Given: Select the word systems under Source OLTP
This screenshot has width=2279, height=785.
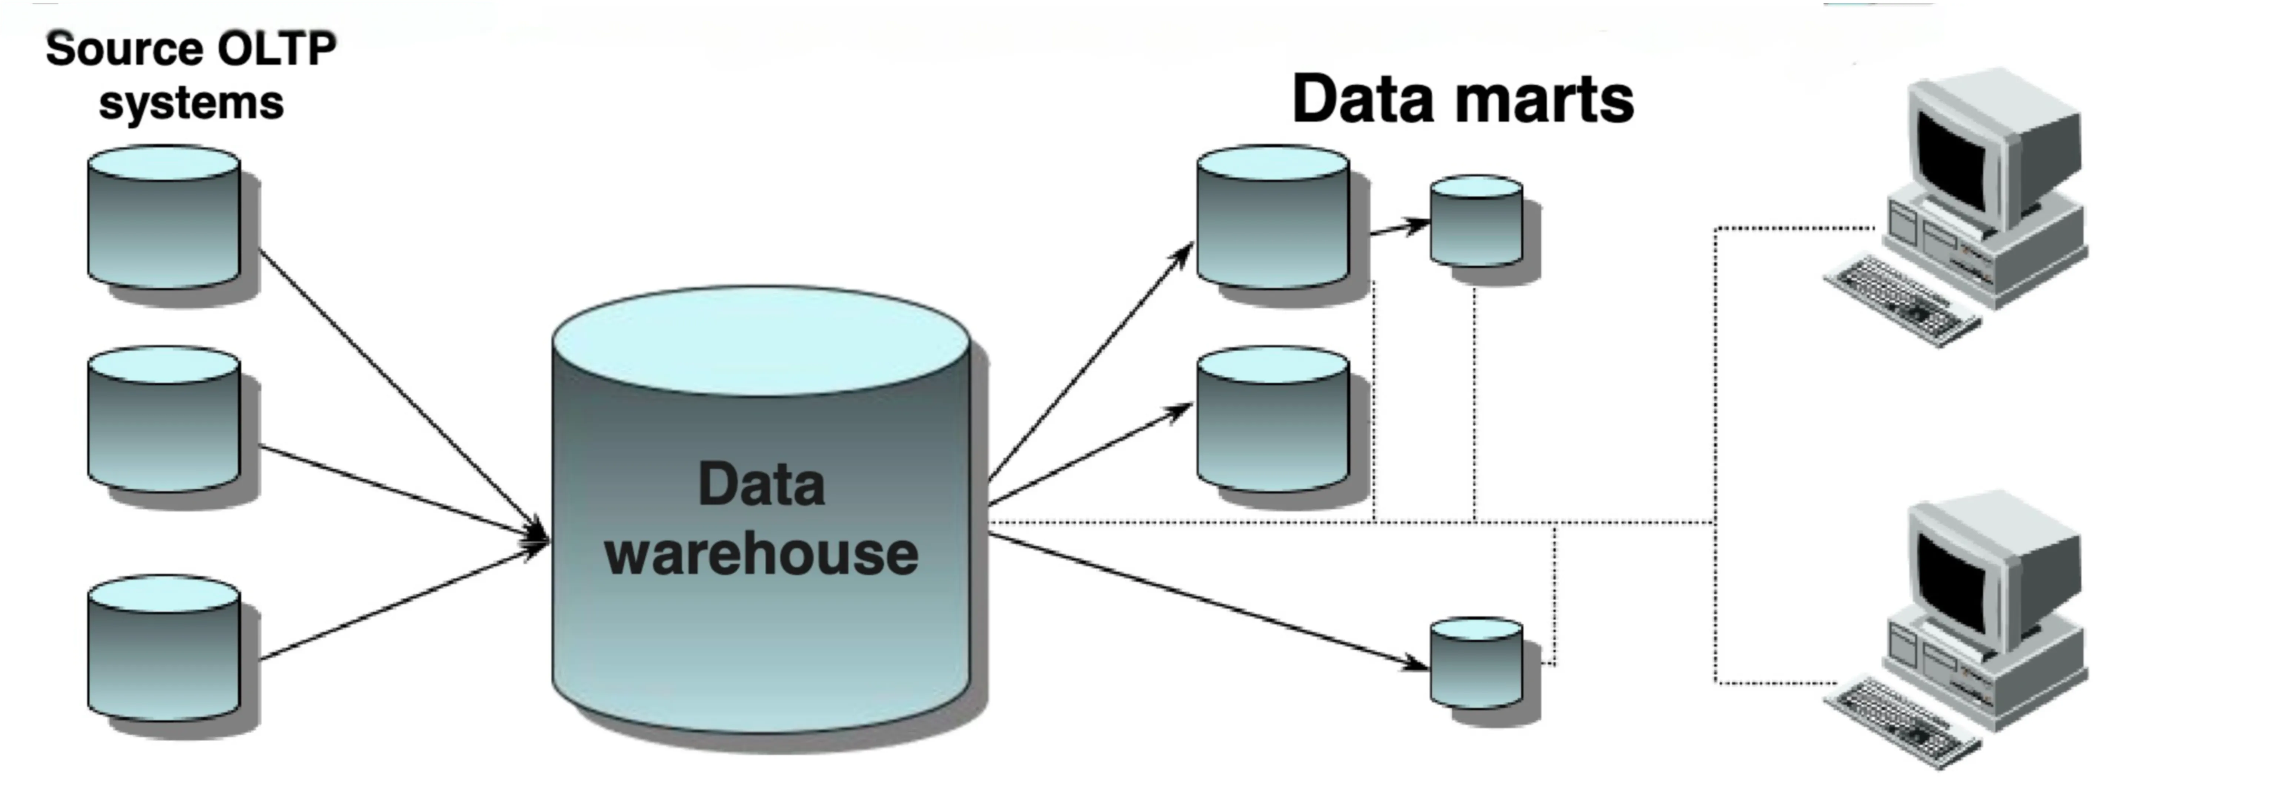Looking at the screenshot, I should click(x=191, y=103).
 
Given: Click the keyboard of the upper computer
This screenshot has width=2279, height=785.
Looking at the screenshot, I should click(x=1902, y=297).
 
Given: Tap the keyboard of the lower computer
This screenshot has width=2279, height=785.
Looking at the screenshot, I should click(x=1902, y=719).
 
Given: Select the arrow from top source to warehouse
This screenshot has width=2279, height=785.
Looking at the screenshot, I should click(x=398, y=389).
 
